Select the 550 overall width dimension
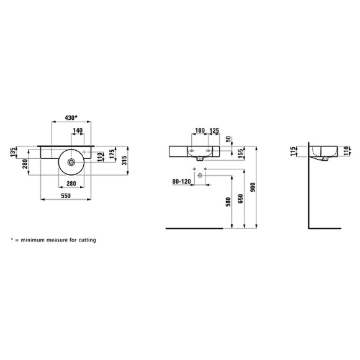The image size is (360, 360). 68,196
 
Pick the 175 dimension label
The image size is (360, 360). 112,155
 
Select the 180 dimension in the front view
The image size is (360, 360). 199,132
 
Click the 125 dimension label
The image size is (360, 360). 214,132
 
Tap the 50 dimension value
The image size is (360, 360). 228,139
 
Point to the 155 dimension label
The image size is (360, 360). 240,155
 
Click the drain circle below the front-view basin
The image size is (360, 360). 200,176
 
